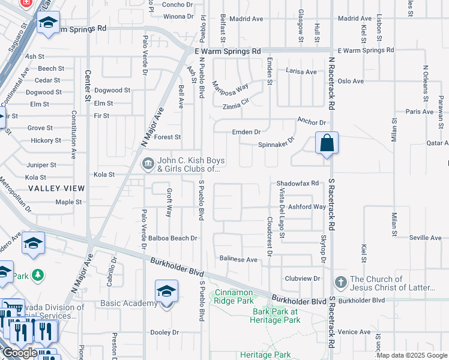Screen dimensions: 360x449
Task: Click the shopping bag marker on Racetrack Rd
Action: click(327, 144)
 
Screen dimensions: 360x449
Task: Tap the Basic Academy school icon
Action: click(166, 292)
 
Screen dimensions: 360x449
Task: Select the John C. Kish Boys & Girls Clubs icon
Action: click(148, 163)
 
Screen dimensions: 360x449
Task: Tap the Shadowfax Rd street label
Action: click(297, 183)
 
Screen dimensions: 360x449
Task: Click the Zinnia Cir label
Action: click(236, 107)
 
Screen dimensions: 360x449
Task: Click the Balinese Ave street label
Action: click(238, 260)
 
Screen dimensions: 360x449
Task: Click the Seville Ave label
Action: click(425, 238)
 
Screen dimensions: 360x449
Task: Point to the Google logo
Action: click(19, 353)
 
